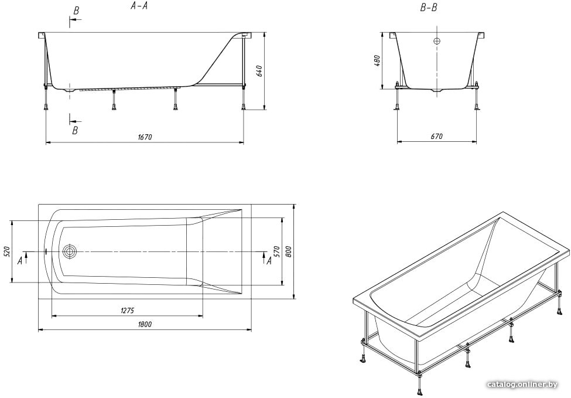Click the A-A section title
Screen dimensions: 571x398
tap(139, 6)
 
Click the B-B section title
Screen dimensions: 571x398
tap(429, 8)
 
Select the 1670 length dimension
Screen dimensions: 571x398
tap(145, 137)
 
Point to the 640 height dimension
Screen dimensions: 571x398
tap(259, 71)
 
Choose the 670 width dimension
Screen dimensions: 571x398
tap(437, 137)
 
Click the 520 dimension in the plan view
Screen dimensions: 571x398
tap(7, 251)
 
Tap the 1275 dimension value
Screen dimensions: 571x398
tap(128, 310)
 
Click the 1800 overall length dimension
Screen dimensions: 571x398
tap(145, 324)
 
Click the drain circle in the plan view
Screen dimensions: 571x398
tap(70, 251)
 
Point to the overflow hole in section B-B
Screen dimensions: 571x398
tap(437, 41)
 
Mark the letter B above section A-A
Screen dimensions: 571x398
tap(76, 11)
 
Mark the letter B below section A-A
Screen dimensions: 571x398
tap(75, 130)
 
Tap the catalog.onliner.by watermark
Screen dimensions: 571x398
tap(522, 385)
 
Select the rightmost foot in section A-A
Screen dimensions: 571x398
tap(243, 107)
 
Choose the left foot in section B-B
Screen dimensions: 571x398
tap(397, 107)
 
